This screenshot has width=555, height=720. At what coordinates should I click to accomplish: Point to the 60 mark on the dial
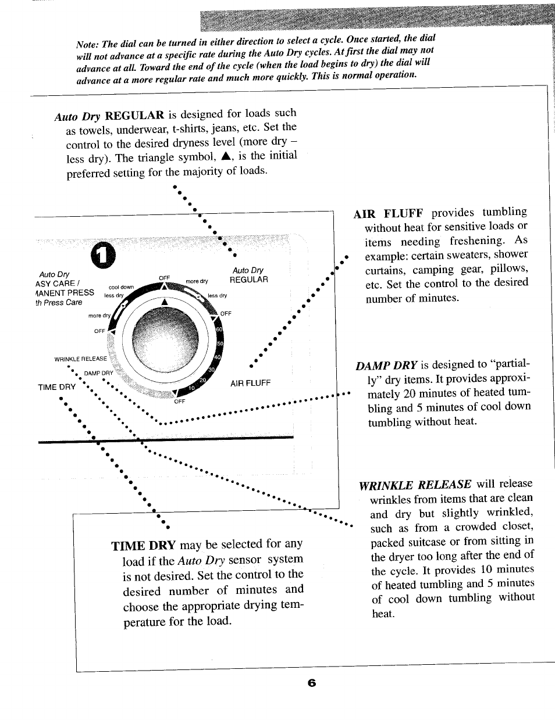click(219, 329)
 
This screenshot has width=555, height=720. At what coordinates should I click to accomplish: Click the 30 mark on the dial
click(212, 370)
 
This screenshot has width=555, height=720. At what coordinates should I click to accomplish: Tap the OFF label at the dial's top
click(164, 278)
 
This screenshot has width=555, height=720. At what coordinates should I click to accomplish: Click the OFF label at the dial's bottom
click(180, 401)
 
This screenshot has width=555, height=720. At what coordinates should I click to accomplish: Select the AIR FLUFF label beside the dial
click(250, 383)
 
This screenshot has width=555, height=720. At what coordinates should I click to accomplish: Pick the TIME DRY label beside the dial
click(56, 387)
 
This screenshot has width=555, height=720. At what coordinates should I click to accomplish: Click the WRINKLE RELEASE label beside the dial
click(81, 359)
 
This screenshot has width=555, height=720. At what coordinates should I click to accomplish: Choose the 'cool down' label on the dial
click(122, 287)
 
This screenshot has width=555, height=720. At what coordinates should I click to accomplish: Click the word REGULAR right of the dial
click(249, 280)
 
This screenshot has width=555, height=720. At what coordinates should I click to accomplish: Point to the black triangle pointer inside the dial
click(165, 302)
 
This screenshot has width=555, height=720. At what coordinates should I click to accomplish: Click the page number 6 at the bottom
click(311, 683)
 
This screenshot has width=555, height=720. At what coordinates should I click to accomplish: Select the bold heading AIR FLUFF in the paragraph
click(388, 214)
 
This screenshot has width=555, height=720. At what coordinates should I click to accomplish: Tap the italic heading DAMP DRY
click(386, 366)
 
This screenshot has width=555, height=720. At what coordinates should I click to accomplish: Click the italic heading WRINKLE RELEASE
click(415, 484)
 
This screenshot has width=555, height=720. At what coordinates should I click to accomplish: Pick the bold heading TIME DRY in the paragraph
click(143, 545)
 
